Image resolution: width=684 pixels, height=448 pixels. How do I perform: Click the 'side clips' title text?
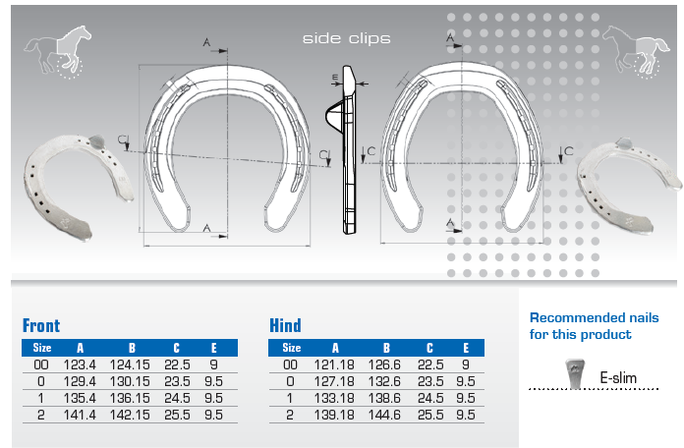346,38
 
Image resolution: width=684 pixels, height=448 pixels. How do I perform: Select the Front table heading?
41,325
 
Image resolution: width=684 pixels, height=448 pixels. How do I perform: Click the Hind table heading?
285,325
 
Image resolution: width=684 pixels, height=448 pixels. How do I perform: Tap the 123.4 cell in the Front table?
80,364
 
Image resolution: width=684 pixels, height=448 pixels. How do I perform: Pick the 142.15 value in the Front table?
130,415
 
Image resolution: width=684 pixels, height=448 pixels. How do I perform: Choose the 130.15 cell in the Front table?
130,382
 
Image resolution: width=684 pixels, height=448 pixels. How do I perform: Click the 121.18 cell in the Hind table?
334,364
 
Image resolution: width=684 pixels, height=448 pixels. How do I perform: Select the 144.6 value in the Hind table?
384,415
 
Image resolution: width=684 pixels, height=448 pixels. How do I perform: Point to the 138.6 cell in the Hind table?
384,398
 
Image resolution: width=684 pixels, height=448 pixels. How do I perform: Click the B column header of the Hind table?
386,348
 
